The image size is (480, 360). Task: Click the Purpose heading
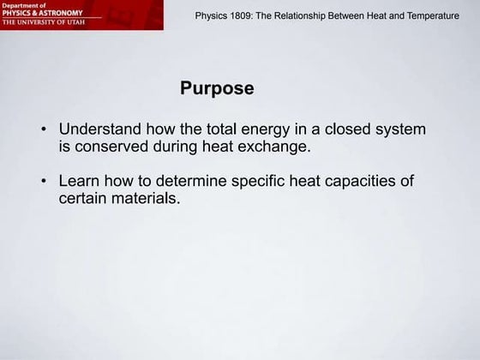pos(217,88)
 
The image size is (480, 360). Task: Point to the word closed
pos(351,130)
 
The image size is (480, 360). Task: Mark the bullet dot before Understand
pos(44,131)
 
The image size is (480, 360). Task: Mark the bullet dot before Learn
pos(44,183)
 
